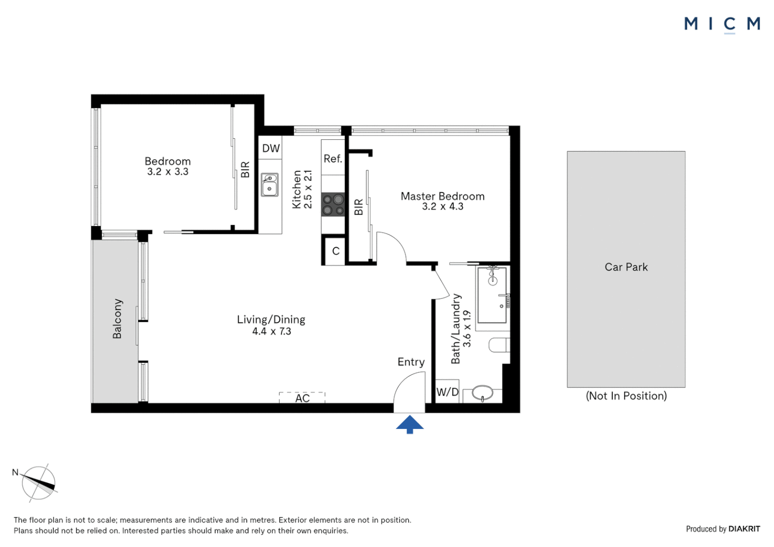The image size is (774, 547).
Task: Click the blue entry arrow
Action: [410, 424]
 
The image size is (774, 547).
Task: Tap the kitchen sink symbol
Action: [269, 185]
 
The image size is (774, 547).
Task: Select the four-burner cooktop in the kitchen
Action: [333, 205]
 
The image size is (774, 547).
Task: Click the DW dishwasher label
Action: [270, 148]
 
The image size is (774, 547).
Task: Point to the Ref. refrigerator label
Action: [333, 159]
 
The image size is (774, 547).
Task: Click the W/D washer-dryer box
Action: [447, 392]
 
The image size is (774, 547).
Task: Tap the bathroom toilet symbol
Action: [499, 345]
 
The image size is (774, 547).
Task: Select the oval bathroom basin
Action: [482, 393]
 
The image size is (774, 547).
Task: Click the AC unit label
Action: [302, 399]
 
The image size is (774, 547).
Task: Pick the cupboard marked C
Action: [335, 251]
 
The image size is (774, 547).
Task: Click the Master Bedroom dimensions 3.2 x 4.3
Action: [442, 207]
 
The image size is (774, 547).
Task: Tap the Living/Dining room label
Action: [271, 320]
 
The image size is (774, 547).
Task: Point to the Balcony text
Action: [117, 319]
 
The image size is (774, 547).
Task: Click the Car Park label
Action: [626, 267]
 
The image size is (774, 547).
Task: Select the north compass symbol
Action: [38, 483]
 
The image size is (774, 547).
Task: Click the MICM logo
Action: [722, 24]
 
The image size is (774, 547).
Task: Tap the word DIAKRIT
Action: [744, 529]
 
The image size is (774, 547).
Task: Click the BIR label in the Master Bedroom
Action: [359, 207]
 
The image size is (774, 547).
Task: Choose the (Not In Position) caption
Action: [626, 396]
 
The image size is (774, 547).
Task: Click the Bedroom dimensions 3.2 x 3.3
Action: [168, 172]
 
